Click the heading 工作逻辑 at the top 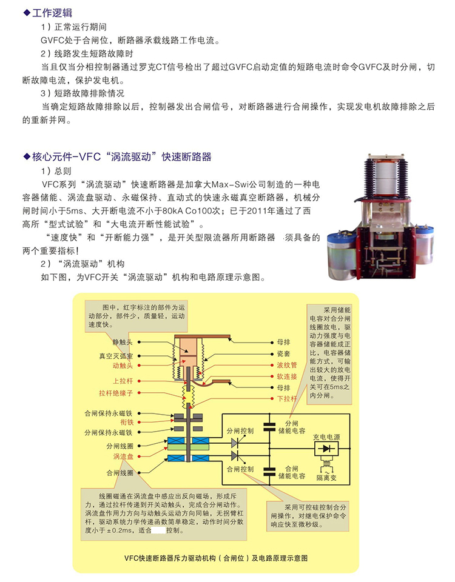tap(52, 13)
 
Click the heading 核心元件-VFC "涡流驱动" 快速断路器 tap(121, 156)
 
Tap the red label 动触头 tap(123, 366)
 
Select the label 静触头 tap(123, 342)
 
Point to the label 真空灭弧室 tap(115, 356)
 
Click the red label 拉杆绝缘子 tap(115, 393)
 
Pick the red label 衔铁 tap(127, 423)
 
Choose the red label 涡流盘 tap(123, 457)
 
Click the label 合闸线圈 tap(120, 473)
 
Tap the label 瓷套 tap(283, 353)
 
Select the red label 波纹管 tap(287, 365)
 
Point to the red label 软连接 tap(287, 376)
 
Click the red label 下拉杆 tap(287, 399)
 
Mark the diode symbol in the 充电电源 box tap(326, 449)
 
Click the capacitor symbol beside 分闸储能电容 tap(269, 427)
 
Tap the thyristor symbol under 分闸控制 tap(235, 443)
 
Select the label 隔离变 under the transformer tap(326, 478)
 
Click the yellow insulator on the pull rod tap(189, 396)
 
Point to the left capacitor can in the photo tap(341, 256)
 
